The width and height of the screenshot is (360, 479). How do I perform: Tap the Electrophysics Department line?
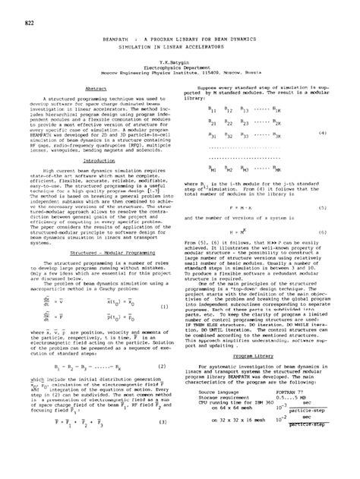point(180,67)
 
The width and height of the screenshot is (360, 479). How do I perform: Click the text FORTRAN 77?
point(296,390)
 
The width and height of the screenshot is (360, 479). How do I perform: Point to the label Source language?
point(218,390)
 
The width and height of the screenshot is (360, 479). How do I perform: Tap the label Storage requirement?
point(221,396)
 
